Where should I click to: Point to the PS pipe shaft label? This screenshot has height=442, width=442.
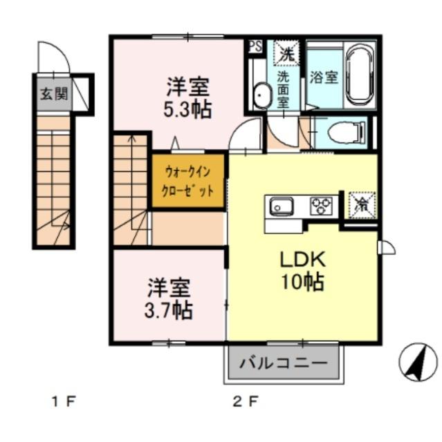[x=255, y=47]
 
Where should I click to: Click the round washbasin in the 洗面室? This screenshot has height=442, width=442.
[x=261, y=95]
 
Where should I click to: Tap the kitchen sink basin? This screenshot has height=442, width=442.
[x=282, y=206]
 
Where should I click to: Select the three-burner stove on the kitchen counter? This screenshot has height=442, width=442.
[x=321, y=205]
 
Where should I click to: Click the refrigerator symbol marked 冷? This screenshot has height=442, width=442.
[x=361, y=204]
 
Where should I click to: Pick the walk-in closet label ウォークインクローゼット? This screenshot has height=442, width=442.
[x=188, y=180]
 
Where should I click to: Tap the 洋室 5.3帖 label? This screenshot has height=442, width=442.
[x=187, y=98]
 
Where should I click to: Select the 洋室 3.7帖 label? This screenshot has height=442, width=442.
[x=169, y=298]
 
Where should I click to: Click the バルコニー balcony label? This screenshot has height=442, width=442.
[x=283, y=363]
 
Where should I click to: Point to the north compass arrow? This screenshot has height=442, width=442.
[x=417, y=361]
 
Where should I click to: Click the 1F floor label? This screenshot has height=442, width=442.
[x=65, y=401]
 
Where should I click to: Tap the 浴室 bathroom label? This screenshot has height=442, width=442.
[x=324, y=77]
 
